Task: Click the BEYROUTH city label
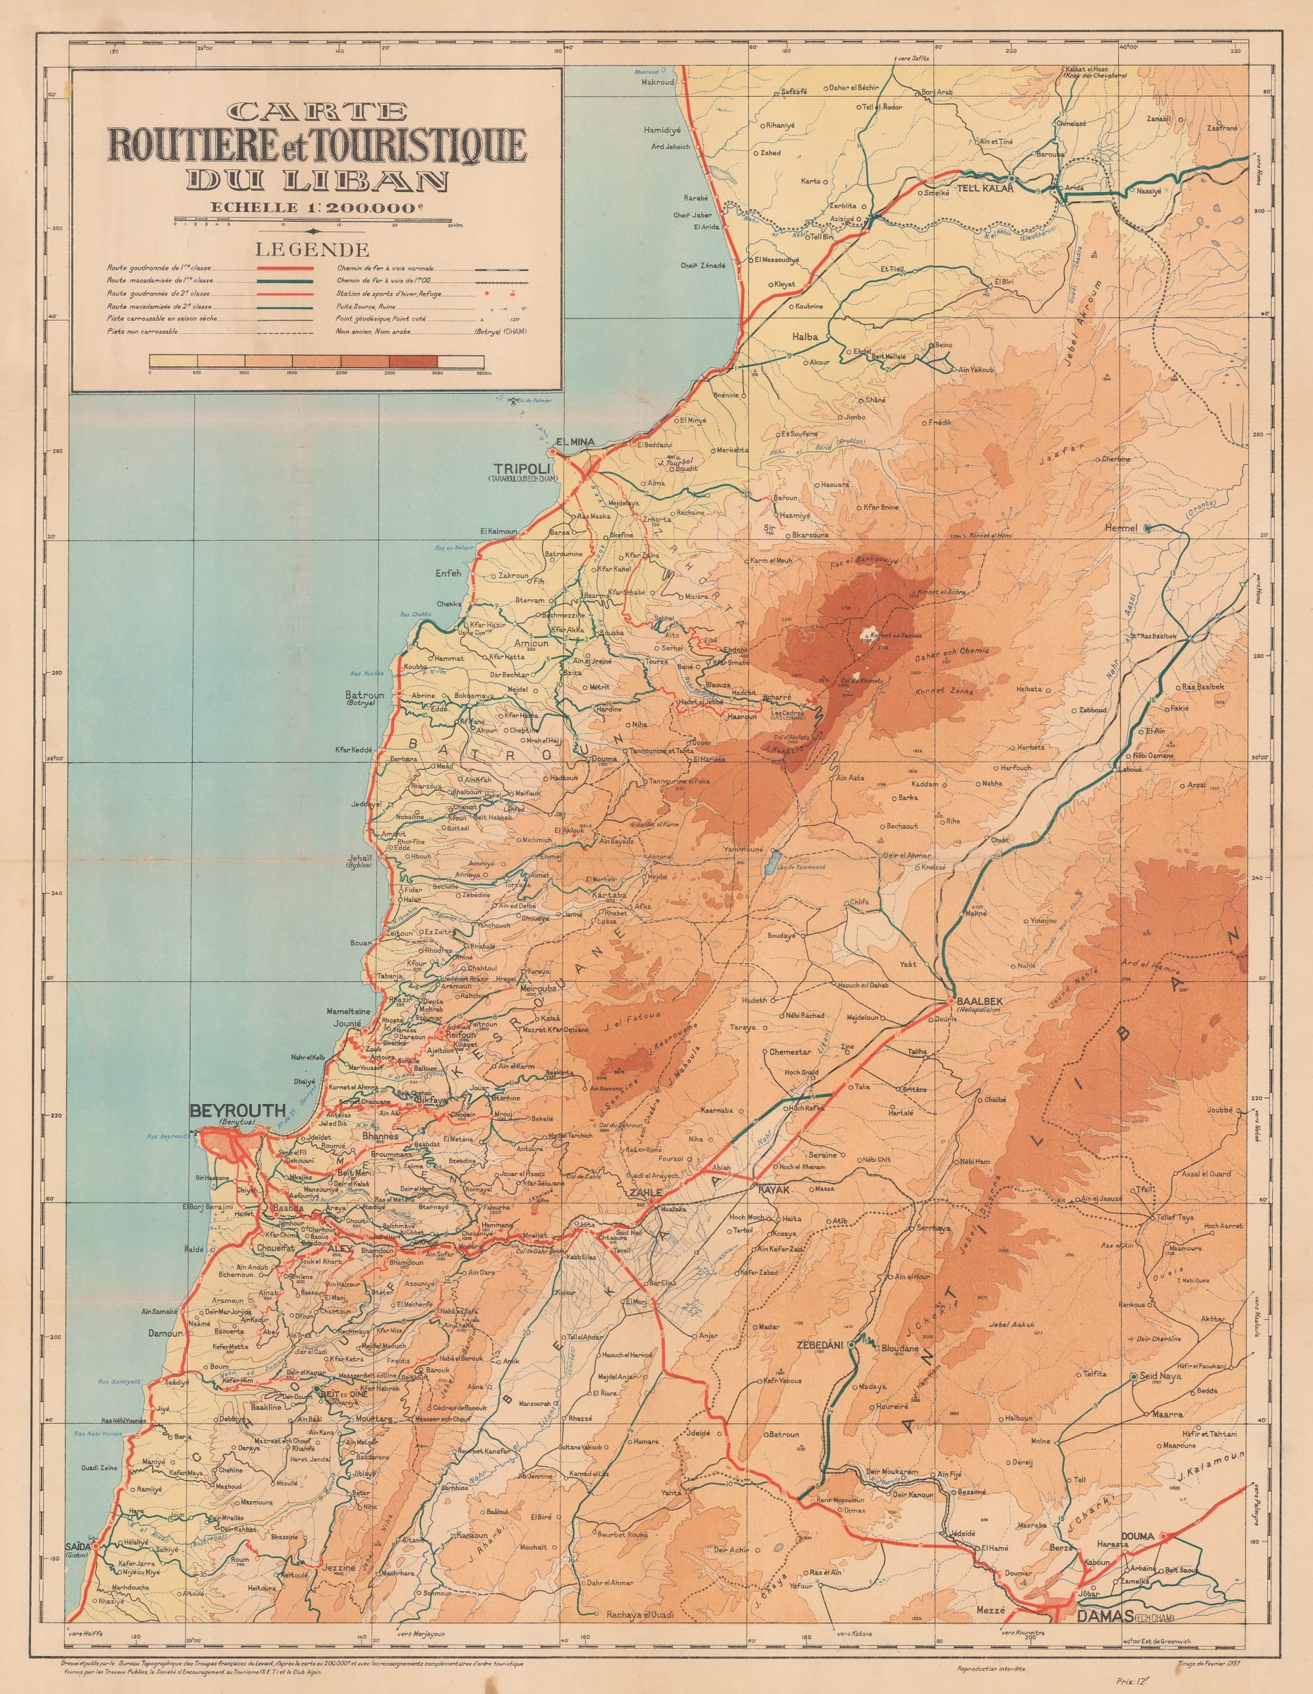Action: [237, 1111]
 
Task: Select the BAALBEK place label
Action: [981, 1001]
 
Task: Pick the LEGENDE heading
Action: [313, 250]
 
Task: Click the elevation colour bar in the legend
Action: [316, 361]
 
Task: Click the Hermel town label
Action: [1122, 528]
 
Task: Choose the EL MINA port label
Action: [574, 442]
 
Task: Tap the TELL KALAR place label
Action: [985, 188]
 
